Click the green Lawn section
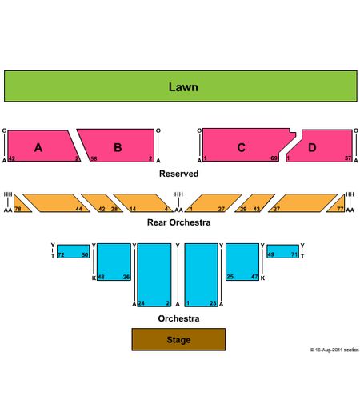181,86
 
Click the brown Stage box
178,339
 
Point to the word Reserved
179,174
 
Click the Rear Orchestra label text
179,222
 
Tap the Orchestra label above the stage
178,318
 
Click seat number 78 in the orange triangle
18,209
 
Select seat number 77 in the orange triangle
340,209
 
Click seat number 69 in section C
274,158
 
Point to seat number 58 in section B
94,158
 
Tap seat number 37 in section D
348,158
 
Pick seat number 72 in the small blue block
61,254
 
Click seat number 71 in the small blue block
294,254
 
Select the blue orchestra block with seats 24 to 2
154,275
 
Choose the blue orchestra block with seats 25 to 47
242,262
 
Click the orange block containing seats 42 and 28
102,203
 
